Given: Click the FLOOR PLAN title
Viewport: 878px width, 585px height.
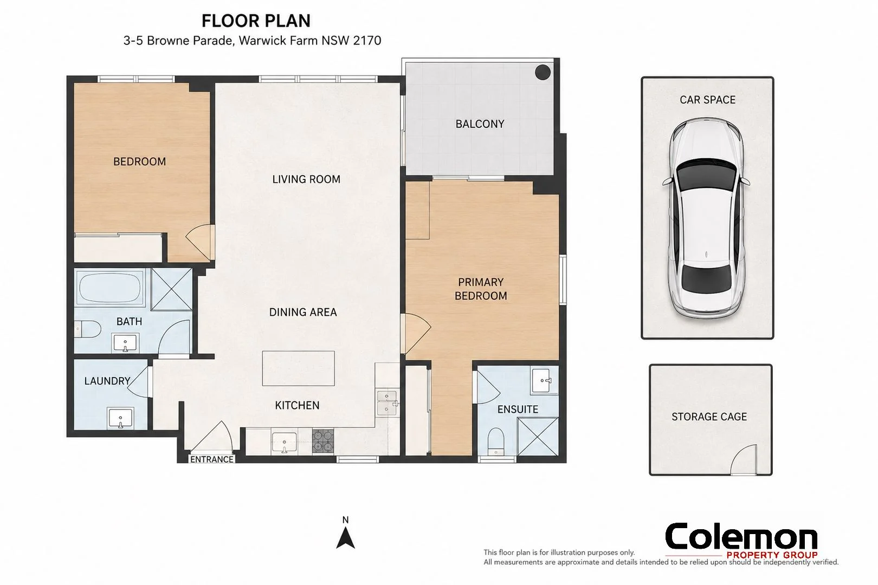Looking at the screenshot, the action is pyautogui.click(x=256, y=21).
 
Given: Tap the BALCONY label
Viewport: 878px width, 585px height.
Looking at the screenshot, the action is pyautogui.click(x=480, y=124).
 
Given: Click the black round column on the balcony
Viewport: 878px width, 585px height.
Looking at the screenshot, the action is pyautogui.click(x=543, y=72).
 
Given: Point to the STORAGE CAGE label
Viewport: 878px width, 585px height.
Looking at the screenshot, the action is pyautogui.click(x=709, y=417).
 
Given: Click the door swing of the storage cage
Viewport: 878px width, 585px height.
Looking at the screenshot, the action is pyautogui.click(x=743, y=459).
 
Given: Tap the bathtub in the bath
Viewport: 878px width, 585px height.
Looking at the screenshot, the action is pyautogui.click(x=109, y=288).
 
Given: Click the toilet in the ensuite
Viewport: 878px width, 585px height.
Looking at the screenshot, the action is pyautogui.click(x=496, y=441).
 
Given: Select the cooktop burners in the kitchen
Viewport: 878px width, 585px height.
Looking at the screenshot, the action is pyautogui.click(x=323, y=441).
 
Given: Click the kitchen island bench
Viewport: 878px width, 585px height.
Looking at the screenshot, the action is pyautogui.click(x=298, y=368).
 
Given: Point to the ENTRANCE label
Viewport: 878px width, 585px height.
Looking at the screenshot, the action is pyautogui.click(x=212, y=459).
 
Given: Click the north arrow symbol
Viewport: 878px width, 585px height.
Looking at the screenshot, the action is pyautogui.click(x=345, y=537).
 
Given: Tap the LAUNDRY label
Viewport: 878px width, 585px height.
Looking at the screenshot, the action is pyautogui.click(x=107, y=381).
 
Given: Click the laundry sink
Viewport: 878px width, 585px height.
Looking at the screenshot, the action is pyautogui.click(x=120, y=418).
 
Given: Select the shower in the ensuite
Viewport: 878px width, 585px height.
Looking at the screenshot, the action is pyautogui.click(x=538, y=437).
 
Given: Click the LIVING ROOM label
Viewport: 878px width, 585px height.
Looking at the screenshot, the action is pyautogui.click(x=306, y=179).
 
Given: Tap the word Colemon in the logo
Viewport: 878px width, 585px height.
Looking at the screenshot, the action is pyautogui.click(x=741, y=536).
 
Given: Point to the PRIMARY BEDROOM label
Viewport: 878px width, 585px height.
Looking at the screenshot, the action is pyautogui.click(x=481, y=289).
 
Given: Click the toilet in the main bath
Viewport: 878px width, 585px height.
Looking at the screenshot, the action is pyautogui.click(x=87, y=329).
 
